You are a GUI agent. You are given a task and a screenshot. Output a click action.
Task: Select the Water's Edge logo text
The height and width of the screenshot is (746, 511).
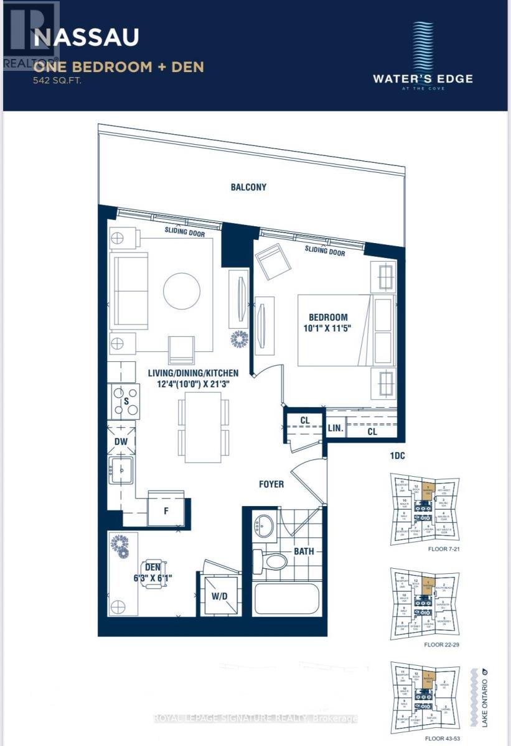pyautogui.click(x=422, y=79)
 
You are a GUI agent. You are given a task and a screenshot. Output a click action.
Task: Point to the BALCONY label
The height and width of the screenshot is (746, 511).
pyautogui.click(x=248, y=186)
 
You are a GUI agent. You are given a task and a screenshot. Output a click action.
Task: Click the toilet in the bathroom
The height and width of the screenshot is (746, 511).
pyautogui.click(x=271, y=561)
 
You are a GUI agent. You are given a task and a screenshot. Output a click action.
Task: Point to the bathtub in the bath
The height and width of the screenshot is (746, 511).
pyautogui.click(x=286, y=599)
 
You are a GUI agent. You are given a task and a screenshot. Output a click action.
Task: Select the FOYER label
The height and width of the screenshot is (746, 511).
pyautogui.click(x=271, y=483)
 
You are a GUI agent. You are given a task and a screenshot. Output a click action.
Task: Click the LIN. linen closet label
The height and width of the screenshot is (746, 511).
pyautogui.click(x=335, y=428)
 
